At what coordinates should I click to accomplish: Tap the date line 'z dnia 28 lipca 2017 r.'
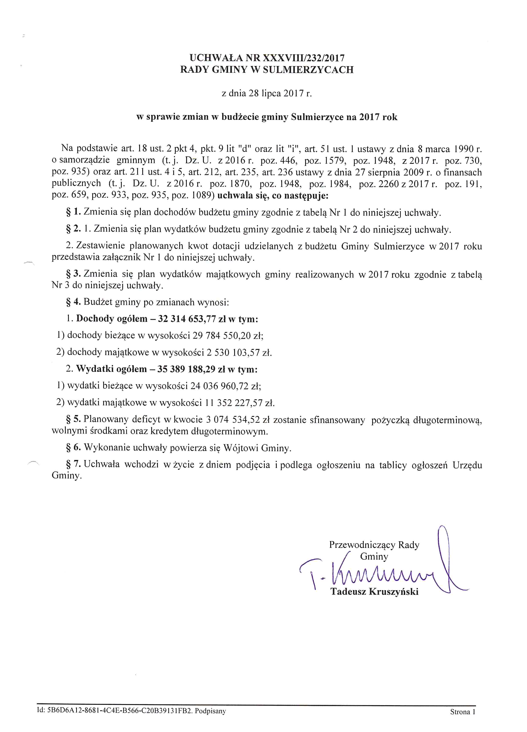[267, 94]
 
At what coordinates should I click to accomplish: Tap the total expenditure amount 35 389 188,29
[186, 369]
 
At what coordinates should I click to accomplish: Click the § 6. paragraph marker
[73, 447]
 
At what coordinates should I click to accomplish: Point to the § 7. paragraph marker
[73, 464]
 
